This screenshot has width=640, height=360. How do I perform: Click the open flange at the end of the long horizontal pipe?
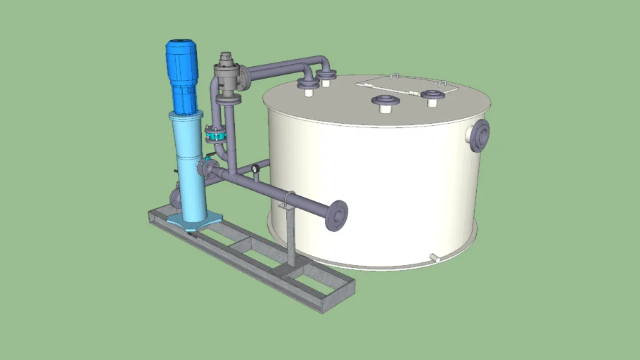coord(338,215)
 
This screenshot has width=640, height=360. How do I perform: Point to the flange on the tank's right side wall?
coord(481,134)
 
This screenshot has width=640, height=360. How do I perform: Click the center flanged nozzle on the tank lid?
coord(385,103)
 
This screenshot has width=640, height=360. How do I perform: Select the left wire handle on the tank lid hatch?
coord(394,77)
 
